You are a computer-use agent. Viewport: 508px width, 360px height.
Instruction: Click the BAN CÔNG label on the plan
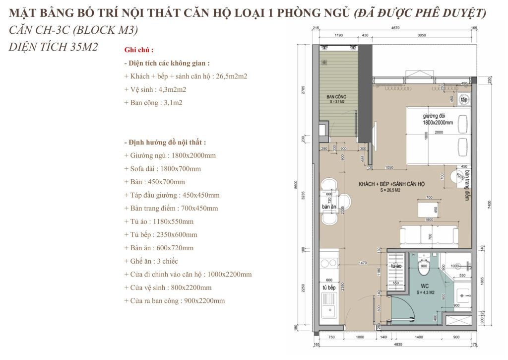point(336,96)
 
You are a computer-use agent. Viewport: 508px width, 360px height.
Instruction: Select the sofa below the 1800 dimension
point(430,234)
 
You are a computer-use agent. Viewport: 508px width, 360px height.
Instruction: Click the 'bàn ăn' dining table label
point(329,206)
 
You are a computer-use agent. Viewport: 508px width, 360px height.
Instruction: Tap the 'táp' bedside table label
point(464,100)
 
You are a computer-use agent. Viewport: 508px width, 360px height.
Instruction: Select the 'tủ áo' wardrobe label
point(396,266)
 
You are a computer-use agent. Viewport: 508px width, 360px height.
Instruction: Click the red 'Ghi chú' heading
point(139,50)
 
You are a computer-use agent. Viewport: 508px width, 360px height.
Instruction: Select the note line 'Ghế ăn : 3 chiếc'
point(151,261)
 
